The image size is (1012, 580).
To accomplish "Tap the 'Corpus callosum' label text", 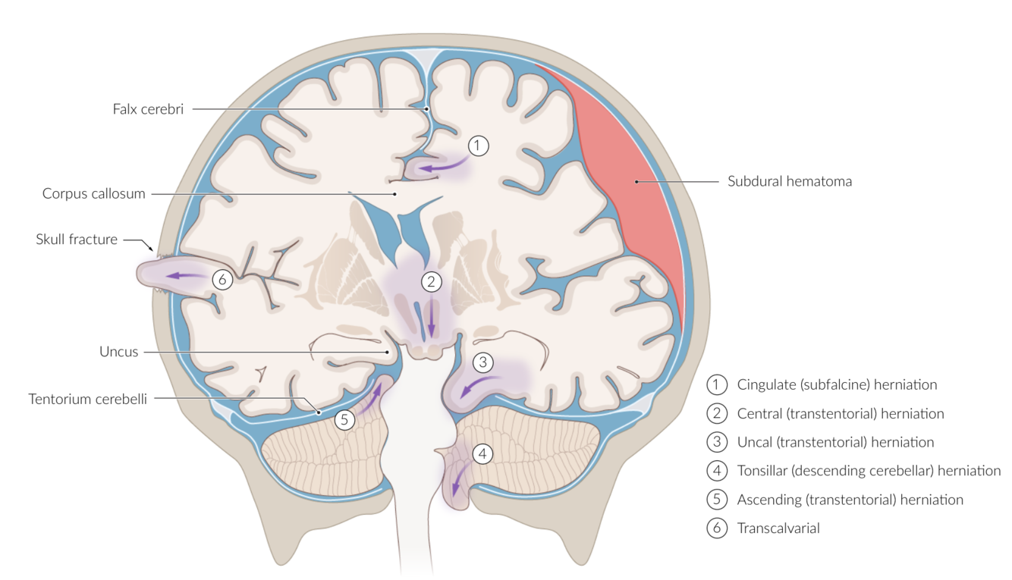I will (93, 194).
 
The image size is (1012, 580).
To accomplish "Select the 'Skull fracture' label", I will (77, 240).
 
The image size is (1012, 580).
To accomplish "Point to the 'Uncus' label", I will (118, 352).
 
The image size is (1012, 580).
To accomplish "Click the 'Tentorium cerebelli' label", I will (87, 399).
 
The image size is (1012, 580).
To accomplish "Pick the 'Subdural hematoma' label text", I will (789, 181).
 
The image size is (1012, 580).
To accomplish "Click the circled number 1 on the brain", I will (477, 146).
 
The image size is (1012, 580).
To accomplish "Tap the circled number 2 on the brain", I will (432, 282).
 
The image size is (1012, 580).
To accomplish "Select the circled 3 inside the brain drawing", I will (483, 362).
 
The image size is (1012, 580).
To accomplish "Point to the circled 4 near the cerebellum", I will (483, 454).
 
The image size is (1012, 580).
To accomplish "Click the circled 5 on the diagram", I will (345, 419).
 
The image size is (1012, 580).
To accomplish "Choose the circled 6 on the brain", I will (222, 279).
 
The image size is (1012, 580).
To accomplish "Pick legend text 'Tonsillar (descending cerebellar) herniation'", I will (869, 471).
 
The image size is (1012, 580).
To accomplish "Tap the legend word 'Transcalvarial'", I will (778, 529).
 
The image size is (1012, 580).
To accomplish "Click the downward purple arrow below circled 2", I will (432, 317).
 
